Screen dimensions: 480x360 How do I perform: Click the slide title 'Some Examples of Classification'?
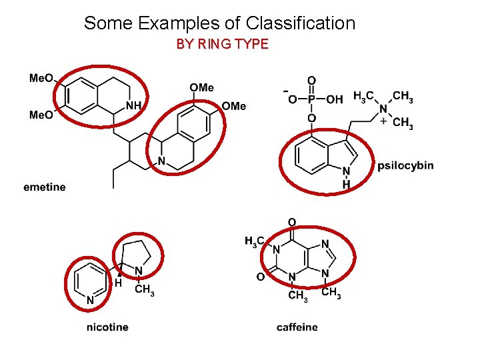point(219,23)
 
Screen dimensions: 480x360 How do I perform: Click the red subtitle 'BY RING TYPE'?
point(222,45)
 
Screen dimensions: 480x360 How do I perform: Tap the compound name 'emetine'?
point(44,187)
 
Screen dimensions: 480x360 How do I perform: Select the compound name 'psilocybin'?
point(405,165)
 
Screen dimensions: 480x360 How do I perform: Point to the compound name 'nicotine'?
point(107,327)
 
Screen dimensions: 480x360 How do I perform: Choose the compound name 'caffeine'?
point(297,327)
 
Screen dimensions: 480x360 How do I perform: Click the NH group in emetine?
point(133,105)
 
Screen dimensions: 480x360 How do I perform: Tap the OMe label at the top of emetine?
point(202,88)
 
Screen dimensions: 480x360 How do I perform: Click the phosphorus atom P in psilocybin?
point(311,99)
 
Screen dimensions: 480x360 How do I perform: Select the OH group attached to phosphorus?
point(335,99)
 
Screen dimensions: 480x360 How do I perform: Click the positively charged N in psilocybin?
point(383,109)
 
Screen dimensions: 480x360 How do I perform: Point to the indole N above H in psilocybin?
point(346,172)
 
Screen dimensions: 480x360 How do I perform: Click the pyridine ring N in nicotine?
point(89,301)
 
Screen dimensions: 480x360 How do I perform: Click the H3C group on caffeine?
point(255,241)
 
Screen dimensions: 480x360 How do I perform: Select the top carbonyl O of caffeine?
point(291,222)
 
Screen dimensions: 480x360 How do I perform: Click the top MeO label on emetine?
point(41,78)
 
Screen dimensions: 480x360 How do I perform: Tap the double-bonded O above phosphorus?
point(311,81)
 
